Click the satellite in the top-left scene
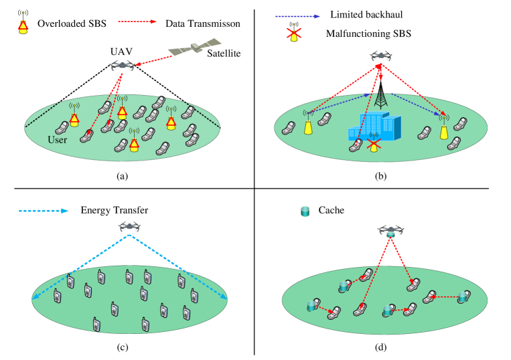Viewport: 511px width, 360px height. (x=195, y=48)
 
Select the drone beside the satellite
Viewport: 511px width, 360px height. (x=122, y=66)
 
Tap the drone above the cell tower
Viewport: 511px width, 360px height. (x=380, y=56)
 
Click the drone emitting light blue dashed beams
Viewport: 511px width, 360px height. (x=129, y=226)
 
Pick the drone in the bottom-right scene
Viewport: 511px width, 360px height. (x=390, y=230)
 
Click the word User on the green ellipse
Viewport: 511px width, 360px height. (x=59, y=140)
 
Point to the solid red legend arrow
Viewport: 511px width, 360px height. (x=137, y=21)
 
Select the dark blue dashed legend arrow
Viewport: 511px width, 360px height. (x=298, y=16)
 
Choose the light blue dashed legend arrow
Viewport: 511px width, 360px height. (x=44, y=211)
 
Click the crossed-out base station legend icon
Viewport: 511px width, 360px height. (x=293, y=33)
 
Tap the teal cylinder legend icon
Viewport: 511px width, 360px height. (x=305, y=211)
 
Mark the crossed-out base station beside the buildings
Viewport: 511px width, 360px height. (x=374, y=141)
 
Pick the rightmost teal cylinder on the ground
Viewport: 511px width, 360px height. (x=461, y=296)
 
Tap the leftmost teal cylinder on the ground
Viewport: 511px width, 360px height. (x=311, y=306)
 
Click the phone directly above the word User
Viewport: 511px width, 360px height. (x=62, y=126)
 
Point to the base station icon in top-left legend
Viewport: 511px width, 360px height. (x=23, y=25)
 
